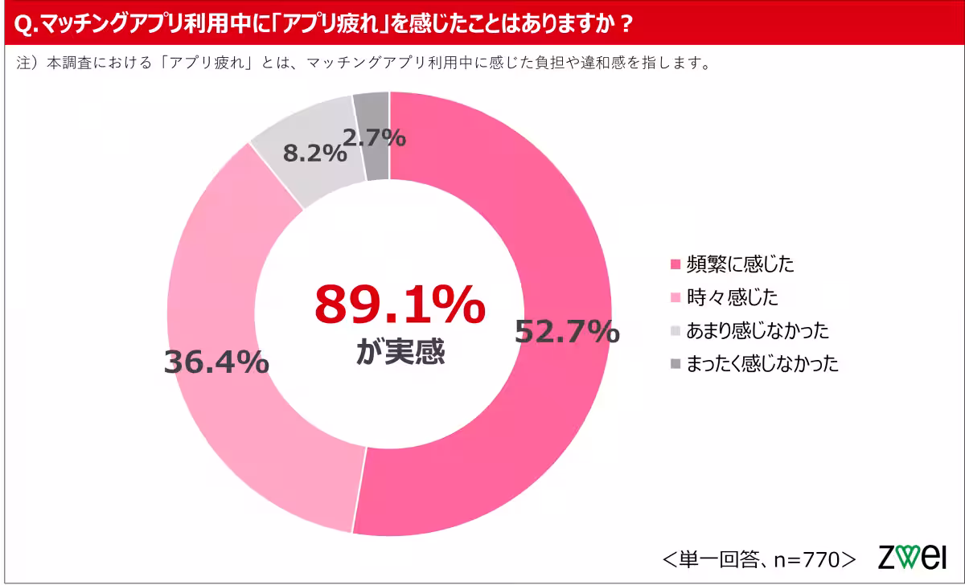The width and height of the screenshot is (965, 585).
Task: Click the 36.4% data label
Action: tap(216, 362)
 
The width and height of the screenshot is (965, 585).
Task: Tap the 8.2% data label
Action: tap(314, 153)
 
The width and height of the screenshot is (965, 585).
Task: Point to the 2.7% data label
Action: tap(374, 137)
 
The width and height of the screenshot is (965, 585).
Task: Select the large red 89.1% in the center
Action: tap(400, 304)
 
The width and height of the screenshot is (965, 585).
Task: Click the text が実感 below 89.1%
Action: tap(400, 352)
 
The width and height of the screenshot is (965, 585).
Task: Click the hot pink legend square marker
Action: tap(675, 264)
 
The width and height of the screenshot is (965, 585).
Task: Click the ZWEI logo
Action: tap(911, 557)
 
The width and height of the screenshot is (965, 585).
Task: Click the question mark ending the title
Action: tap(624, 24)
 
